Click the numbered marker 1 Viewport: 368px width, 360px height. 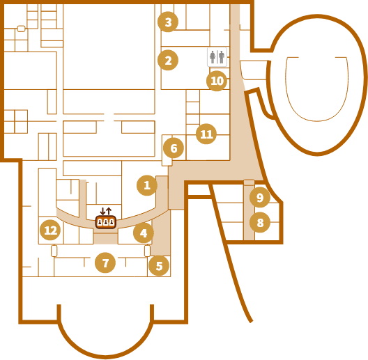pos(147,185)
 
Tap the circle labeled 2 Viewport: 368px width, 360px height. pos(168,60)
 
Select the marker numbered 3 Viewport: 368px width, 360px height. pos(168,22)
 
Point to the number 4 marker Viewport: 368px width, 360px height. pos(144,233)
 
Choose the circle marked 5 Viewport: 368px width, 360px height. pos(159,266)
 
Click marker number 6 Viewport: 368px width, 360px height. pos(174,148)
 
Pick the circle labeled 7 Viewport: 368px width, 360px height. pos(105,263)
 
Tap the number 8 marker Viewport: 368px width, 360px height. pos(260,222)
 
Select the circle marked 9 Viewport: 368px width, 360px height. pos(260,197)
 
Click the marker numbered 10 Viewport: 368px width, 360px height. pos(217,81)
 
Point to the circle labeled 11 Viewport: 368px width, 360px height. pos(206,134)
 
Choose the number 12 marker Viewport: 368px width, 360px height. pos(50,230)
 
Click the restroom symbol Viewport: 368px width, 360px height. pos(217,57)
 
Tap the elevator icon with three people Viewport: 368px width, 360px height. pos(106,222)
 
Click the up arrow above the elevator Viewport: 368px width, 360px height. pos(109,211)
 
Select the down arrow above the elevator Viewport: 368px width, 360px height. pos(102,211)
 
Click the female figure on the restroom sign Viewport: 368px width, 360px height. pos(213,57)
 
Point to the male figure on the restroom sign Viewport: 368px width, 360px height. pos(222,57)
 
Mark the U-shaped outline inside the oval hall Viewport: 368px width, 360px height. pos(317,120)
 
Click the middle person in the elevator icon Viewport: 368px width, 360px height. pos(106,222)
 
